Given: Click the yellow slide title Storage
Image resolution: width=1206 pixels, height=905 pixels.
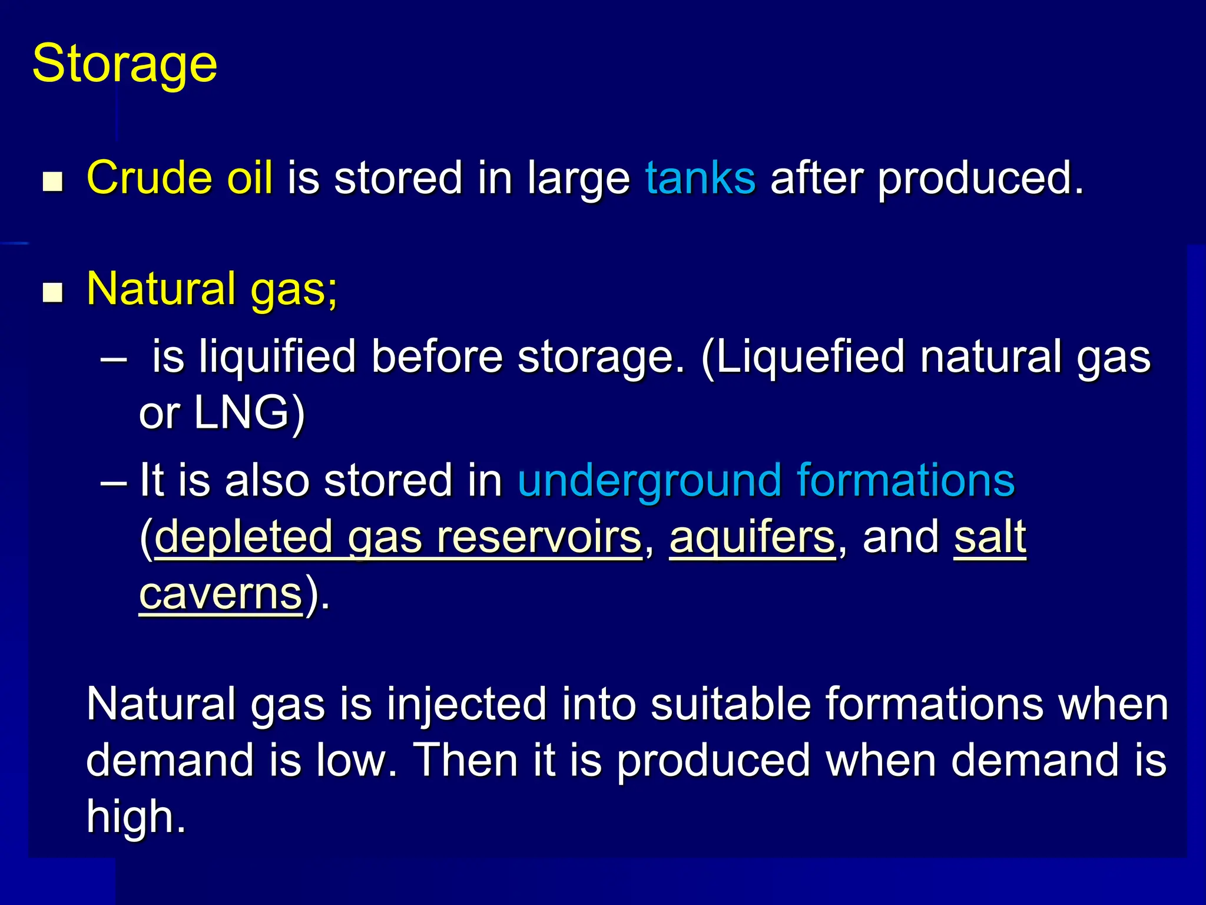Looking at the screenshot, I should coord(125,64).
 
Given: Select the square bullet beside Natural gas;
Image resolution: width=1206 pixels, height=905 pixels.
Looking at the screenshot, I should coord(53,292).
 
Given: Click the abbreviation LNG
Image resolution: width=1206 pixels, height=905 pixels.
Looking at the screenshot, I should coord(241,412).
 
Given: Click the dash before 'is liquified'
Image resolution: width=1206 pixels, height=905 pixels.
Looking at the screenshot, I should coord(114,358).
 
